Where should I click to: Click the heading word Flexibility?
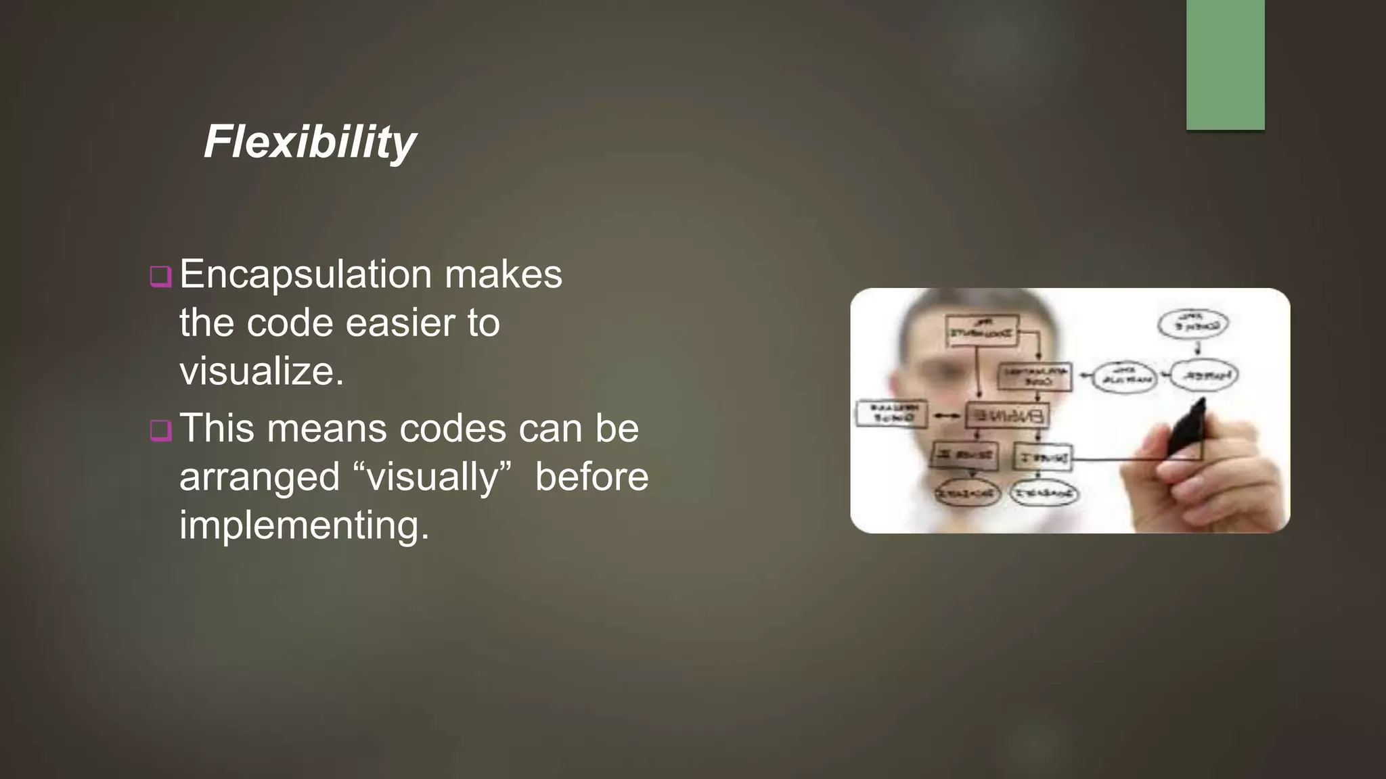pos(310,142)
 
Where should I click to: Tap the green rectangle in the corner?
pos(1225,64)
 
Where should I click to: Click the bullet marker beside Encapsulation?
pos(160,277)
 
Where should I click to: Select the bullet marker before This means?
pos(160,430)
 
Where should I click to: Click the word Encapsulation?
pos(305,275)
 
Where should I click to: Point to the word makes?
pos(503,275)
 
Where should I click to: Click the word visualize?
pos(261,371)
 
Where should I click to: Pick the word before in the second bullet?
pos(591,477)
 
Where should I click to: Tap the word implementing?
pos(304,525)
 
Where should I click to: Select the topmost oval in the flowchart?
pos(1192,323)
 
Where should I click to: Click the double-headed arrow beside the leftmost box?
pos(946,416)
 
